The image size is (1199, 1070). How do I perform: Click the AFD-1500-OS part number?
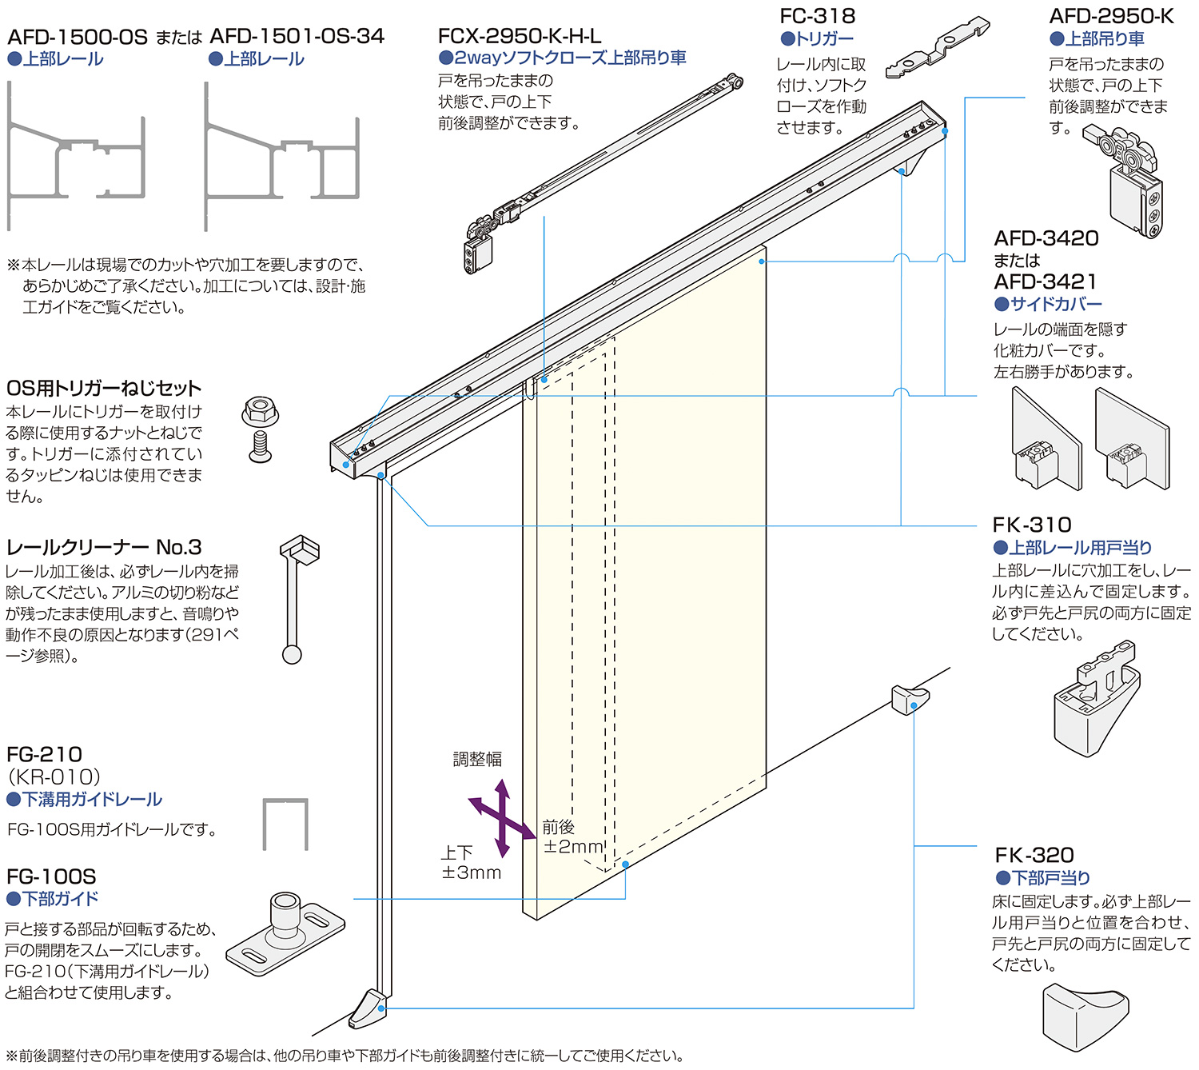[78, 37]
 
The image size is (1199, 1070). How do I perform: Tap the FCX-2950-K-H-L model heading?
[520, 36]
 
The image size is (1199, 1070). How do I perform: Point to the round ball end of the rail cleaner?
[292, 655]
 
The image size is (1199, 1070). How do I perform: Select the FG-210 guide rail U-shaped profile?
[285, 824]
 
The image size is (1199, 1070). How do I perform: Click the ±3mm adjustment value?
[472, 872]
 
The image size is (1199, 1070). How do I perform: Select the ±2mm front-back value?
[573, 846]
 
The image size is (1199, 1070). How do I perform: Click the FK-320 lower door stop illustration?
[1085, 1017]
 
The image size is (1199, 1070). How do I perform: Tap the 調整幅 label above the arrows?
[477, 759]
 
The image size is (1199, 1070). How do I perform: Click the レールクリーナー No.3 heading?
[104, 548]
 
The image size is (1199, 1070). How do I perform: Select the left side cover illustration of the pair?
[1046, 440]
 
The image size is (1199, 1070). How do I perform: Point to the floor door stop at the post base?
[368, 1008]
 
